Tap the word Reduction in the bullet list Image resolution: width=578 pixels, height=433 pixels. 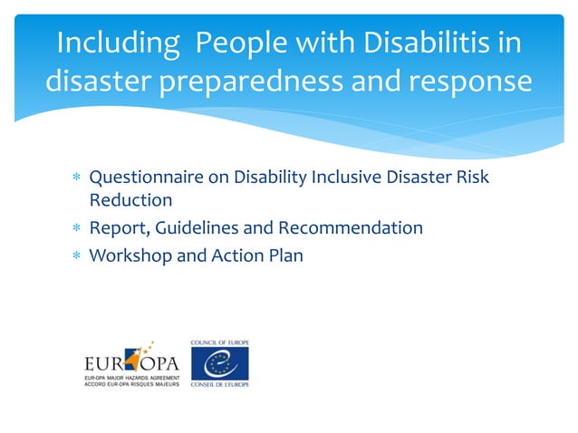(x=130, y=199)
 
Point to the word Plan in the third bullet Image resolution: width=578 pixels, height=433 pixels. (x=284, y=255)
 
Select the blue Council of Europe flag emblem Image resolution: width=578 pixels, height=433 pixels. (x=218, y=363)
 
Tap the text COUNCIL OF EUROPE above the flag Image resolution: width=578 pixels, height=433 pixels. (x=219, y=342)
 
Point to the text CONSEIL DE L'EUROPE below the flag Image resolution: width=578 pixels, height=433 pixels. (x=219, y=385)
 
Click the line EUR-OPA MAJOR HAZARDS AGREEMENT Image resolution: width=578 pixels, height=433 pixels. (x=131, y=377)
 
